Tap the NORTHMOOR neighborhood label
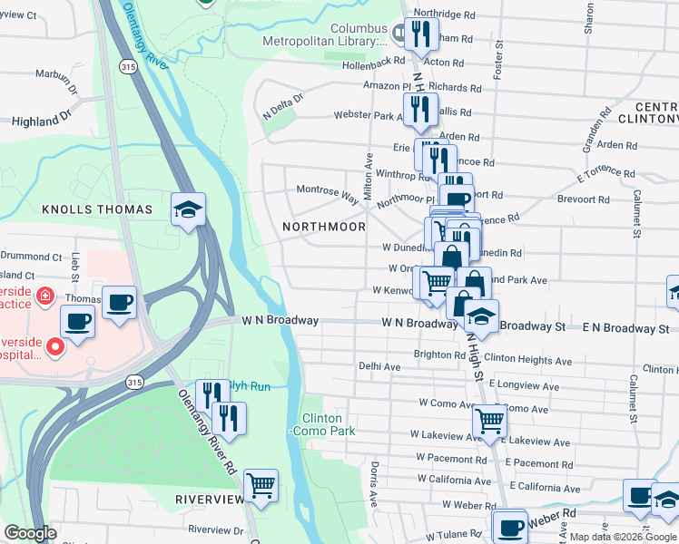tap(323, 227)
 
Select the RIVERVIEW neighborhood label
tap(211, 500)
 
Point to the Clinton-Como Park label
tap(322, 425)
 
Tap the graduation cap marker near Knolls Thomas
tap(188, 210)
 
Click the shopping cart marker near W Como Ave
tap(489, 421)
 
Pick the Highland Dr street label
tap(40, 119)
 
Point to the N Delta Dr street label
tap(280, 109)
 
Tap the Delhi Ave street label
tap(379, 367)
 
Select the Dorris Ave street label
tap(373, 484)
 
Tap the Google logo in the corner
tap(30, 533)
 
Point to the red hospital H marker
tap(54, 345)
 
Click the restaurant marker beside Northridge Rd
tap(422, 34)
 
